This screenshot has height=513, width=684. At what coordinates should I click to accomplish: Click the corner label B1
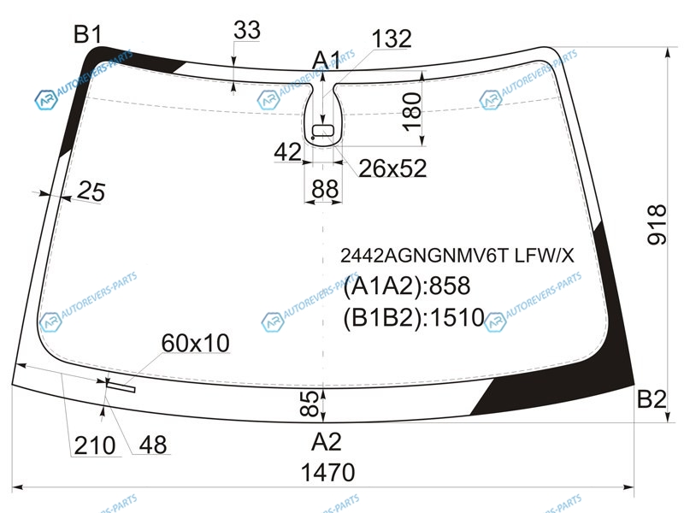pos(88,34)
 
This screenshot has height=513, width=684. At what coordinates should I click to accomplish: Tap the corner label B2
pos(652,398)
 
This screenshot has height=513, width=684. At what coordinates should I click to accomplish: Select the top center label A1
pos(326,60)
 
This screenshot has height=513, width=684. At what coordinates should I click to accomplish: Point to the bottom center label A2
pos(326,442)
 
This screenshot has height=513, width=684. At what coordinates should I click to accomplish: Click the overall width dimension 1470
pos(328,473)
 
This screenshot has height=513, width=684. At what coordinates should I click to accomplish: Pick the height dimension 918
pos(657,224)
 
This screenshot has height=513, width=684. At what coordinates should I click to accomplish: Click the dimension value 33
pos(247,30)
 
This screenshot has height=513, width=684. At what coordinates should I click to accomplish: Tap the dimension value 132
pos(392,38)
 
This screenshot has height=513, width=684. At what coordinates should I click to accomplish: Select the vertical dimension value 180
pos(412,112)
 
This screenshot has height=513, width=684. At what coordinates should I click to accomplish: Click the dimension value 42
pos(287,152)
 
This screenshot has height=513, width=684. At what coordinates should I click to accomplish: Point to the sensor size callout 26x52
pos(392,168)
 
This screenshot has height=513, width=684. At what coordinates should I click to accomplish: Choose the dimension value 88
pos(325,189)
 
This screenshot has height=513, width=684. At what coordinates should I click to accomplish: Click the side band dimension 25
pos(91,191)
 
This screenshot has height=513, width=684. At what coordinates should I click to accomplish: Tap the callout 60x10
pos(196,343)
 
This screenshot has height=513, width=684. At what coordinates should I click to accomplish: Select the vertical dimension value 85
pos(310,404)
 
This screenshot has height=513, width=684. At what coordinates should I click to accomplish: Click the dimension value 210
pos(95,445)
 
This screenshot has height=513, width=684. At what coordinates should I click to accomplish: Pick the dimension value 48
pos(153,445)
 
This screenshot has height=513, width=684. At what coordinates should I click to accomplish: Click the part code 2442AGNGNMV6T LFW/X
pos(457,256)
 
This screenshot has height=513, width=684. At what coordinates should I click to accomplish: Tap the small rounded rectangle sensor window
pos(323,131)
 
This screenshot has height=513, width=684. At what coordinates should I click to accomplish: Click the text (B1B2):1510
pos(414,317)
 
